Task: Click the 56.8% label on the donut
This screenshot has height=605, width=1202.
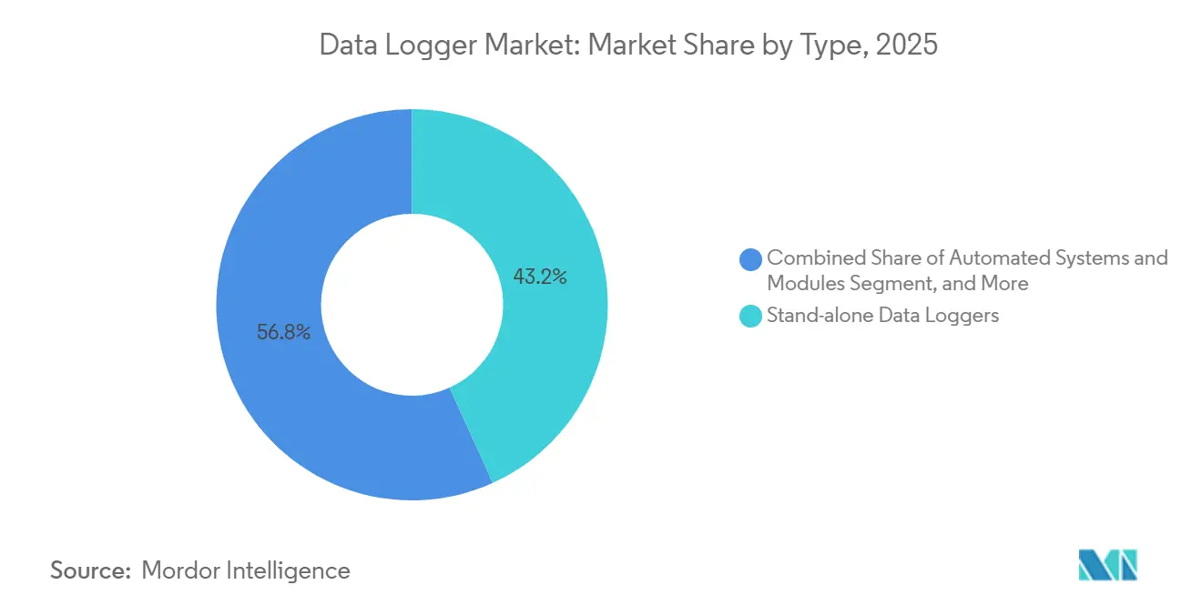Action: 283,333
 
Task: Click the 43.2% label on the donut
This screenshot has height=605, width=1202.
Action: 540,277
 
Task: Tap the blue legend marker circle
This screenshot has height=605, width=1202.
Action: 751,259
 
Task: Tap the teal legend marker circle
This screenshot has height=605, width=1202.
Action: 751,316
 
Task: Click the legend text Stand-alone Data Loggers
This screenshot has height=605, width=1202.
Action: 882,316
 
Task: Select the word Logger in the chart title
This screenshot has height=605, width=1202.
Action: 423,45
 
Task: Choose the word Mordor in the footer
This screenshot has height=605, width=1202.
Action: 180,570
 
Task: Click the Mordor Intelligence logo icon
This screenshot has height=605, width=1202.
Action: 1107,565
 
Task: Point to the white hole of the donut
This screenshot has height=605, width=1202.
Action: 412,305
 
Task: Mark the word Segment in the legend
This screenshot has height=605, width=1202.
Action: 890,283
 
